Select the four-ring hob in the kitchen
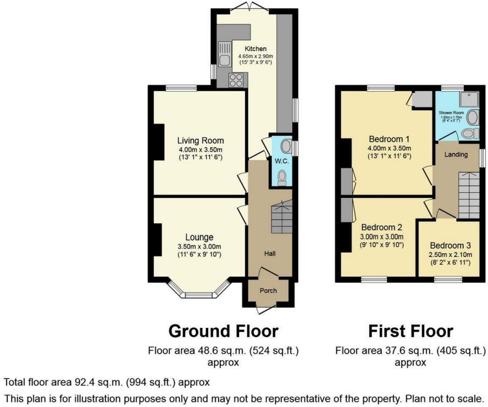coord(236,80)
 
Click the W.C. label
coord(278,161)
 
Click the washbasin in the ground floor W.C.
coord(286,146)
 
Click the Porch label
coord(268,291)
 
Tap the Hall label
coord(269,254)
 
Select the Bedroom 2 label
coord(382,227)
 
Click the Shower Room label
coord(451,113)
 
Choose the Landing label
coord(456,154)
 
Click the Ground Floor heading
coord(223,331)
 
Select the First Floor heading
coord(410,331)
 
